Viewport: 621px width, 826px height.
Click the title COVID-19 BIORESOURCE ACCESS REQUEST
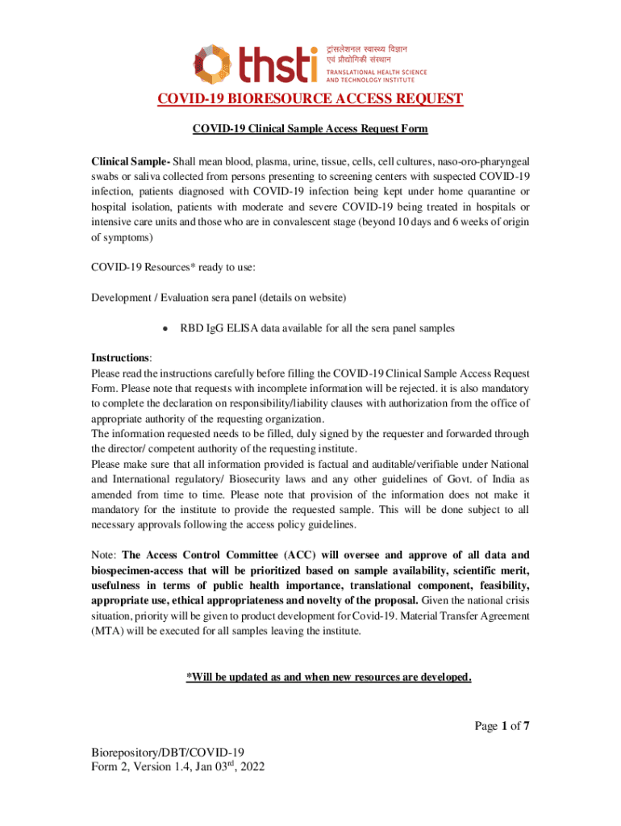(310, 99)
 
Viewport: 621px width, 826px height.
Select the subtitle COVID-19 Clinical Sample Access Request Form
(310, 129)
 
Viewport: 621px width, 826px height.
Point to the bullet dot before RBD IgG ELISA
(165, 329)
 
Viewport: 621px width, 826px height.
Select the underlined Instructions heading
(121, 357)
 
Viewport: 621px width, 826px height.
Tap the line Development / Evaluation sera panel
(219, 298)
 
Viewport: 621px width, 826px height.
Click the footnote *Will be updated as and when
(328, 678)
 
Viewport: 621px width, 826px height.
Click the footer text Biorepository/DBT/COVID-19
(169, 753)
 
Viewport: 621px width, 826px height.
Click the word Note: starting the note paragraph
(104, 555)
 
